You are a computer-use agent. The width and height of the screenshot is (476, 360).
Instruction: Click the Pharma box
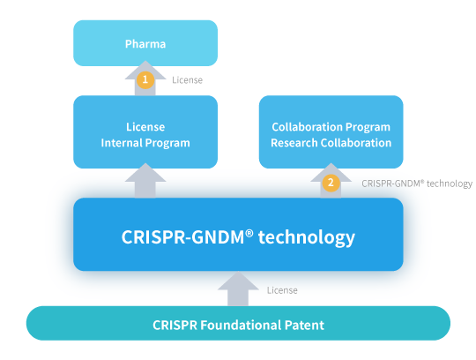(x=145, y=43)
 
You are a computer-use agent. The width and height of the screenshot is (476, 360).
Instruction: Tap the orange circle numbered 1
(x=145, y=79)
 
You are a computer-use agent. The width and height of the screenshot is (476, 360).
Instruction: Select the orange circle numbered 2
(x=331, y=183)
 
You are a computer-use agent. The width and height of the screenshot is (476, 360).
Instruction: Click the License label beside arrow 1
(x=187, y=80)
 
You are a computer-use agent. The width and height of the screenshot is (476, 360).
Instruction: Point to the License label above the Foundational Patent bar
(x=282, y=290)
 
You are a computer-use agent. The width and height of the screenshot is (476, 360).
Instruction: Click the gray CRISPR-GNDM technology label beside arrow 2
(x=417, y=184)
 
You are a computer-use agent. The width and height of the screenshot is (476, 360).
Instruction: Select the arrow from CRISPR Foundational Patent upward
(x=238, y=289)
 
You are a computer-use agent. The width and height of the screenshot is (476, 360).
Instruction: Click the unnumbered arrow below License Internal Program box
(x=145, y=181)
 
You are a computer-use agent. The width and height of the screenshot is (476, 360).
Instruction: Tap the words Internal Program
(x=145, y=143)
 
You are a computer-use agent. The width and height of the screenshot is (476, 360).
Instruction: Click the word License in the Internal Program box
(x=145, y=127)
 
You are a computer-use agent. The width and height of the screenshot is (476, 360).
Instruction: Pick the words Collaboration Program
(x=331, y=127)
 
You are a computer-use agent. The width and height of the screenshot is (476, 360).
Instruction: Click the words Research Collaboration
(x=331, y=143)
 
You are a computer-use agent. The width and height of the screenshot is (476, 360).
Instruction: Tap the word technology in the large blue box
(x=306, y=237)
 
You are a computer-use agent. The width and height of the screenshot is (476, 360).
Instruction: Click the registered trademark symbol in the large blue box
(x=249, y=233)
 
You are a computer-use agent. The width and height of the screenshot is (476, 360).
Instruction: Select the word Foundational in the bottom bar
(x=241, y=325)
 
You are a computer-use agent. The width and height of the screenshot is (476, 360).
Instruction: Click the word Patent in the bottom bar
(x=304, y=325)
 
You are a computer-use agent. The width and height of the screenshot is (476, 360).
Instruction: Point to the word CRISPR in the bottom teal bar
(x=175, y=325)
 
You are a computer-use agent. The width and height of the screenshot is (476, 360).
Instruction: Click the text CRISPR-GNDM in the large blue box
(x=182, y=237)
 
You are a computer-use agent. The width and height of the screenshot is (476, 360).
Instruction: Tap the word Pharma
(x=145, y=44)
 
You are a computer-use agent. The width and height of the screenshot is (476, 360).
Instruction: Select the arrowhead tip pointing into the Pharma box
(x=145, y=61)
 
